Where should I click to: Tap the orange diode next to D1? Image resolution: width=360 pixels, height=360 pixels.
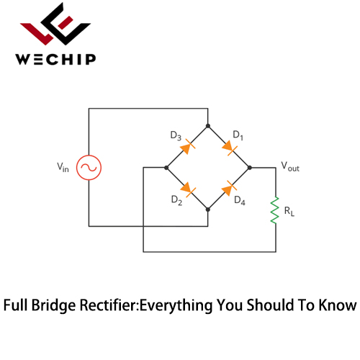[230, 147]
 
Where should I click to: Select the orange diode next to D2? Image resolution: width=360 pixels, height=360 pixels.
[188, 189]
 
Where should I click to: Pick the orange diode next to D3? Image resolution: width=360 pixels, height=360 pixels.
[188, 147]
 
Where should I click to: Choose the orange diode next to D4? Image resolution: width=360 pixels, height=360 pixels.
[230, 189]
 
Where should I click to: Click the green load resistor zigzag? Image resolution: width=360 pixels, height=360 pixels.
[274, 210]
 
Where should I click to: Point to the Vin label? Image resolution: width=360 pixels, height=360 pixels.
[63, 167]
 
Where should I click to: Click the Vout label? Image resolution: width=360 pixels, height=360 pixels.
[290, 166]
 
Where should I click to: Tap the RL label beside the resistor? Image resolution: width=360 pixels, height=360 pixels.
[289, 211]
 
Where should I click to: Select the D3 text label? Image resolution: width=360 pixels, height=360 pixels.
[176, 136]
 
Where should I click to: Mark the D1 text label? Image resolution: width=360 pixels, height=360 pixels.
[238, 135]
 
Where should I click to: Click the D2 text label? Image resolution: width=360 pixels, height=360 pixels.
[176, 200]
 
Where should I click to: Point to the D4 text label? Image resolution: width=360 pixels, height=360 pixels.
[240, 201]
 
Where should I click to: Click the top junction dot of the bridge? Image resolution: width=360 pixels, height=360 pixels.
[208, 126]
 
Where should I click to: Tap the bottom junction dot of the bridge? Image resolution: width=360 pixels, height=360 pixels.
[208, 210]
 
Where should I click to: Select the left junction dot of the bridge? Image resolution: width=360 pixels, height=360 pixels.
[166, 168]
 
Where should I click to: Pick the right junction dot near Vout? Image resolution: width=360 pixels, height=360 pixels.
[250, 168]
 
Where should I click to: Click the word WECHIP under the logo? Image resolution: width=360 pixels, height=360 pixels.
[55, 60]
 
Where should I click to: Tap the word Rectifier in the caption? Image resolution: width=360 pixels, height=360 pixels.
[109, 305]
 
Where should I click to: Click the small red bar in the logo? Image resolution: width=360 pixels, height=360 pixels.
[66, 23]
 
